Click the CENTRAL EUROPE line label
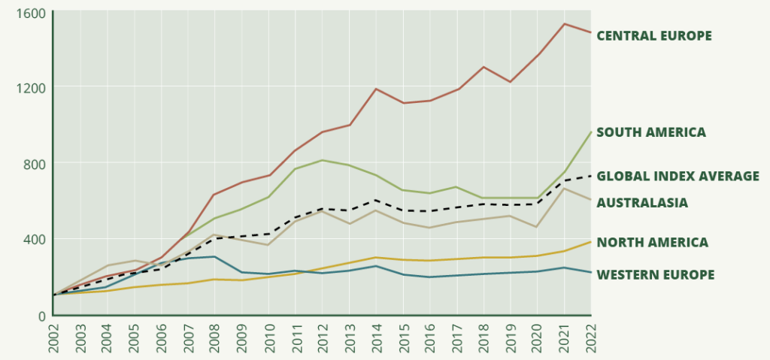[x=653, y=35]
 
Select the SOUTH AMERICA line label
[x=650, y=132]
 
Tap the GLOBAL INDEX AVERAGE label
[x=677, y=176]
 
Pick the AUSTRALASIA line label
[x=641, y=202]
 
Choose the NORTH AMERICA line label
[x=651, y=242]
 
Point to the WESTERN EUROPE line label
[x=655, y=274]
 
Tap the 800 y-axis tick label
[x=34, y=164]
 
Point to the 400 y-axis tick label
[x=34, y=239]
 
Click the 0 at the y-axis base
[x=42, y=316]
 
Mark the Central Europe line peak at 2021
[x=564, y=23]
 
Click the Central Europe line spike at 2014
[x=376, y=89]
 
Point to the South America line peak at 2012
[x=322, y=160]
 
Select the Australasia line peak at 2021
[x=564, y=188]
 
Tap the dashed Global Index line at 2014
[x=376, y=200]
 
